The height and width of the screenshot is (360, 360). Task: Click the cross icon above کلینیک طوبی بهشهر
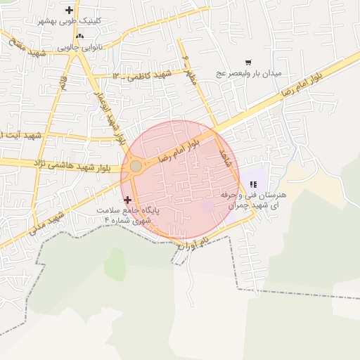coord(69,10)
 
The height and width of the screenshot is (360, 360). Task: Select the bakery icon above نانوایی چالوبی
coord(79,36)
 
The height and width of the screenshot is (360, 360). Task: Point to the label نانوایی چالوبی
coord(78,47)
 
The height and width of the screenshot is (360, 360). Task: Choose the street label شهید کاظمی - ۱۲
coord(141,75)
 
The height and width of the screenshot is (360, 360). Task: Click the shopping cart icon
coord(247,63)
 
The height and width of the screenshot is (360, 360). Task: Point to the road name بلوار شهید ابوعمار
coord(110,113)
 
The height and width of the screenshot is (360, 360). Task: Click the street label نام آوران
coord(194,244)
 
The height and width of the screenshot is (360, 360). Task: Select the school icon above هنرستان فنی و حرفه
coord(252,184)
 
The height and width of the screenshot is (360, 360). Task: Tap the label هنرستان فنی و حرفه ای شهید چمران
coord(255,200)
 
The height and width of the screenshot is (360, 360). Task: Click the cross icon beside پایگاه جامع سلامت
coord(127,200)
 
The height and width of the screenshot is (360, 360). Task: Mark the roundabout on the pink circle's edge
coord(136,166)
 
